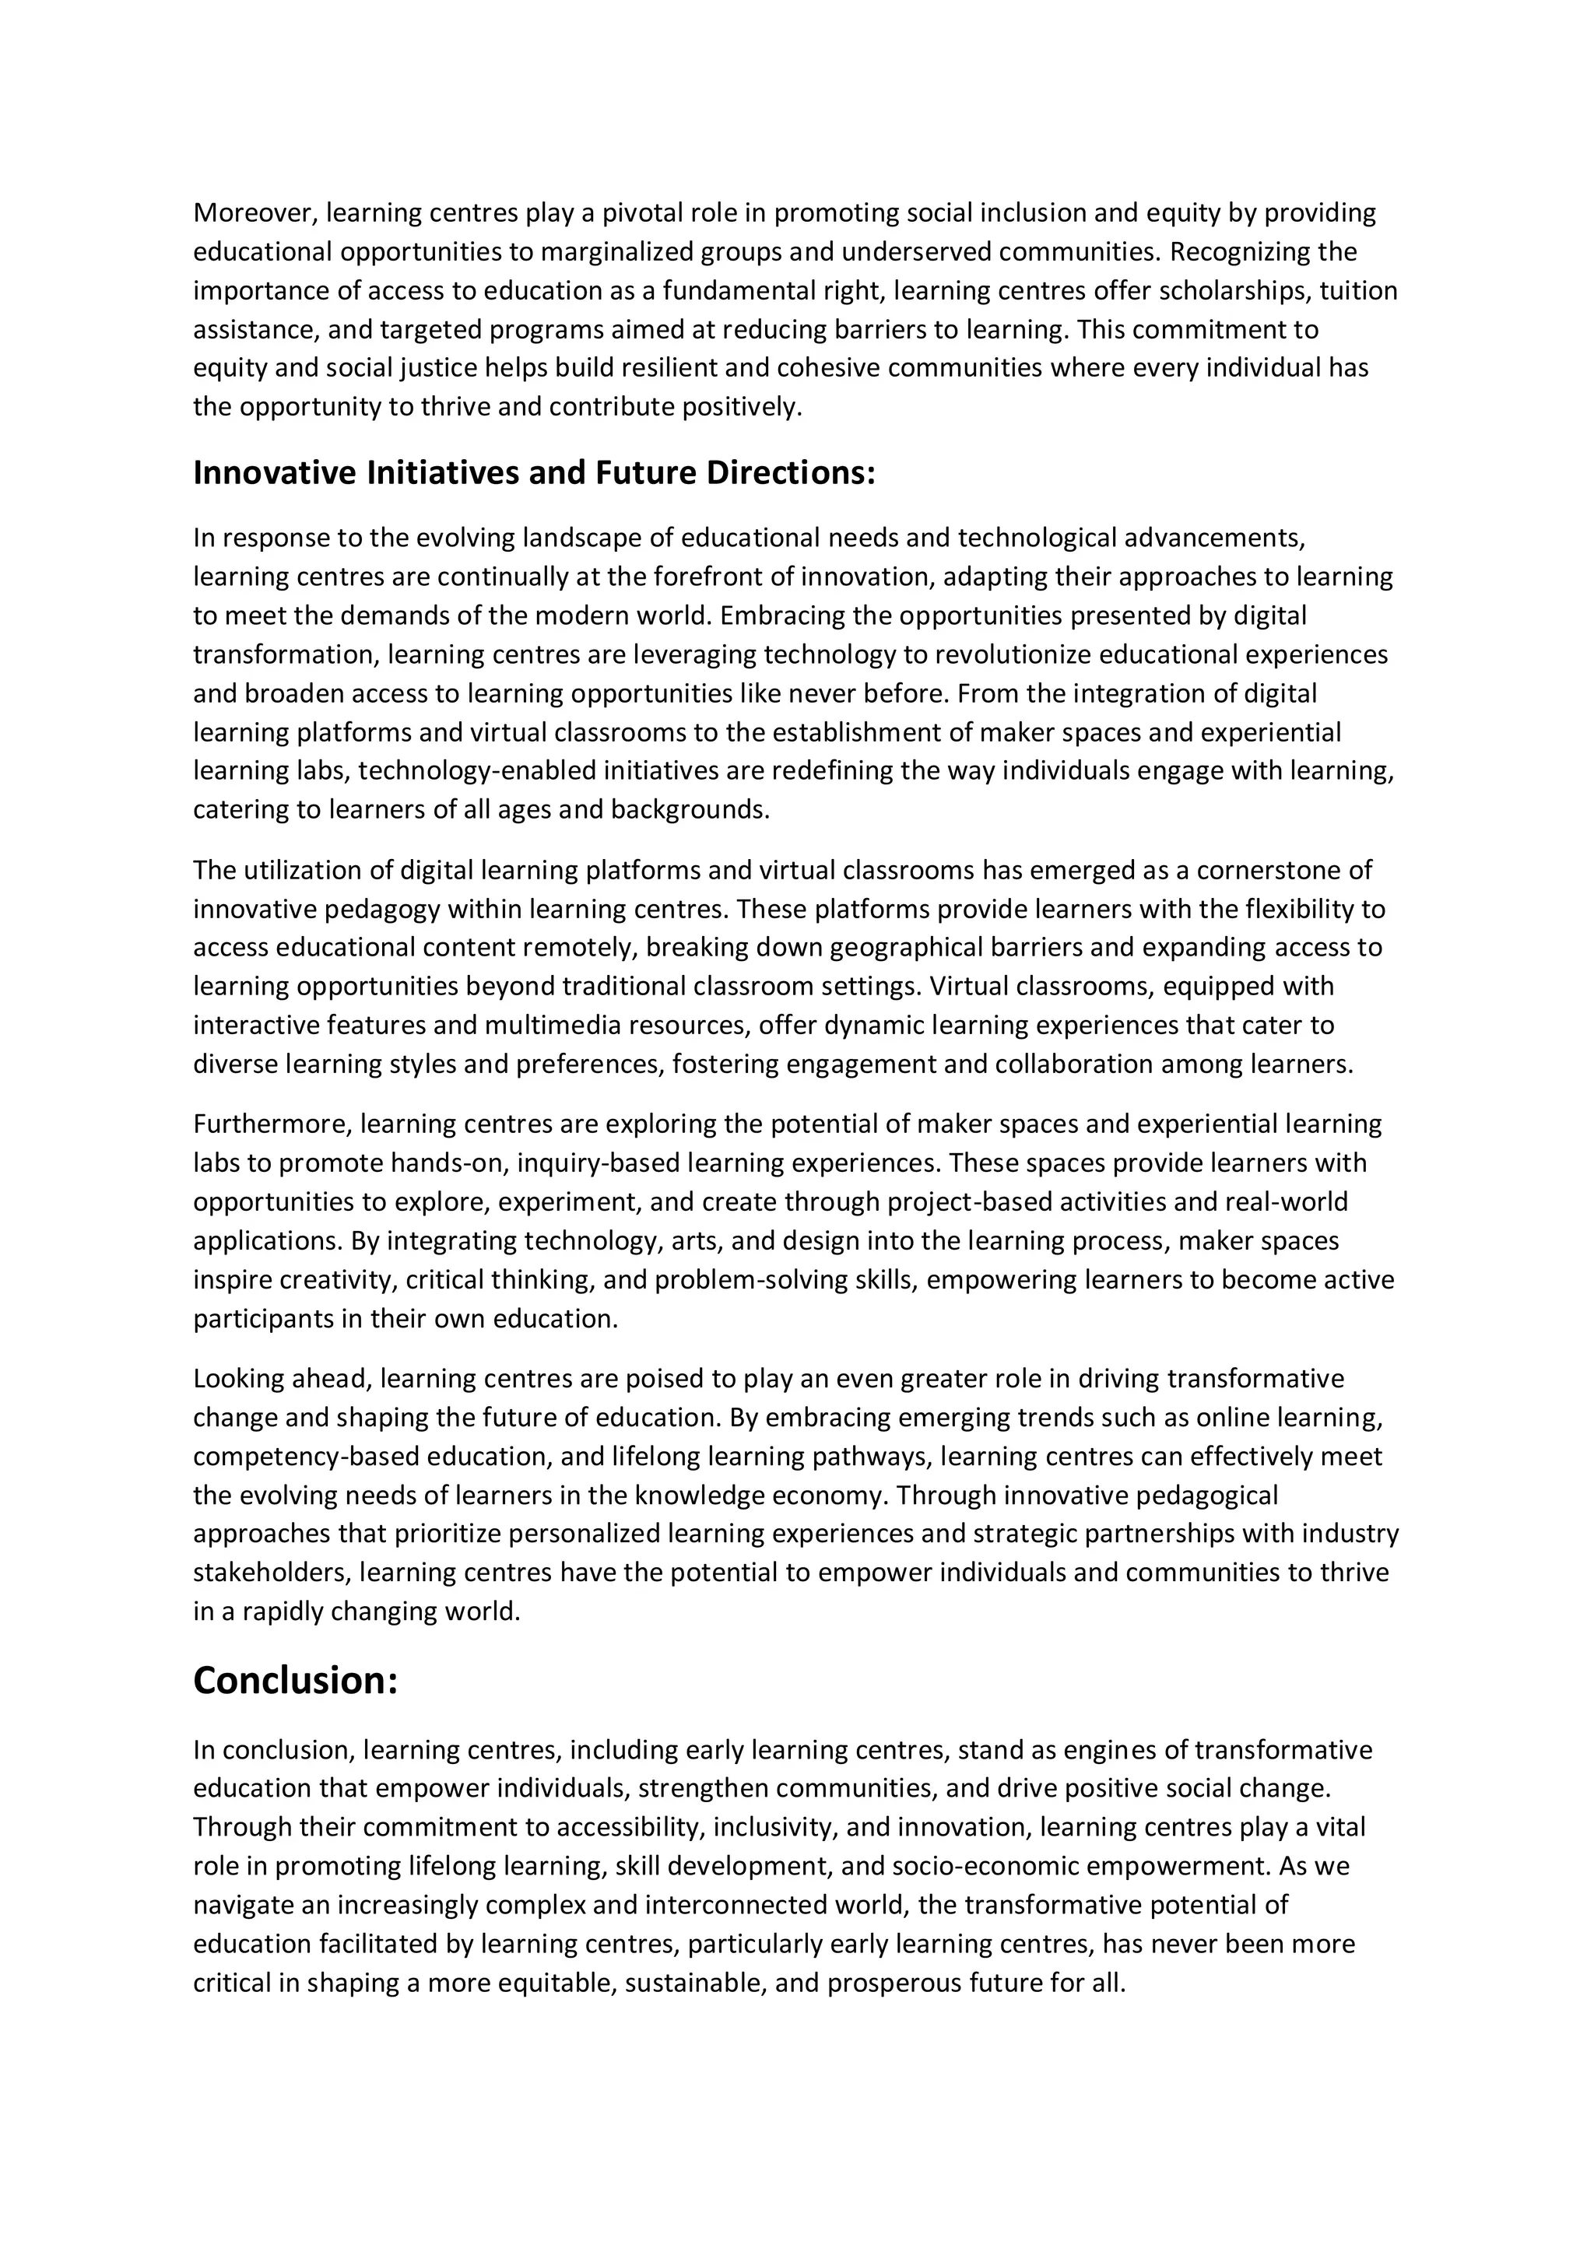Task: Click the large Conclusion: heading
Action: tap(296, 1681)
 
